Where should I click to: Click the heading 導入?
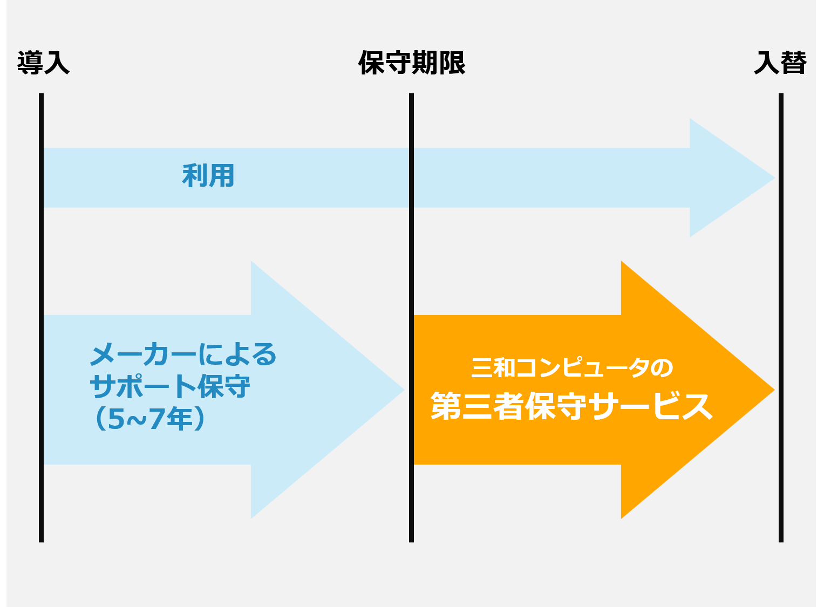click(x=43, y=63)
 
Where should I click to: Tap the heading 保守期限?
click(x=412, y=63)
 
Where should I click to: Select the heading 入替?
click(x=780, y=63)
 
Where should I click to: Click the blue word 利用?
click(x=208, y=176)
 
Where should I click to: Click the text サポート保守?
click(x=170, y=387)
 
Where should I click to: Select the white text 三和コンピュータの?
click(x=572, y=368)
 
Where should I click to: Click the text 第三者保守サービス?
click(x=572, y=406)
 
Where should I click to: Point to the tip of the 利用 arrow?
click(x=772, y=178)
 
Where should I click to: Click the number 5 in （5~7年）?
click(x=116, y=419)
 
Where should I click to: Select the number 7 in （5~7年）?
click(x=155, y=419)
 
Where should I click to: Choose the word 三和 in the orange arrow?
click(x=493, y=368)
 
